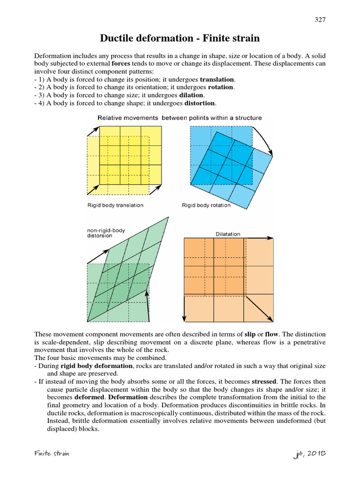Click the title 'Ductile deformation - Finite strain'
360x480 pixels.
(x=180, y=38)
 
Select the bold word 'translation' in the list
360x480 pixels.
(x=218, y=80)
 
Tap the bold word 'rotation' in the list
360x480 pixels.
(x=220, y=87)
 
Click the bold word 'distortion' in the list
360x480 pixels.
(x=202, y=103)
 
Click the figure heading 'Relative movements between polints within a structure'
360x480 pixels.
(x=180, y=118)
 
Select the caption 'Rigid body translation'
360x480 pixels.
(x=115, y=205)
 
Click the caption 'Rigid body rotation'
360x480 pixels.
(x=206, y=205)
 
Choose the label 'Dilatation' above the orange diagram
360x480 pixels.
(x=228, y=234)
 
